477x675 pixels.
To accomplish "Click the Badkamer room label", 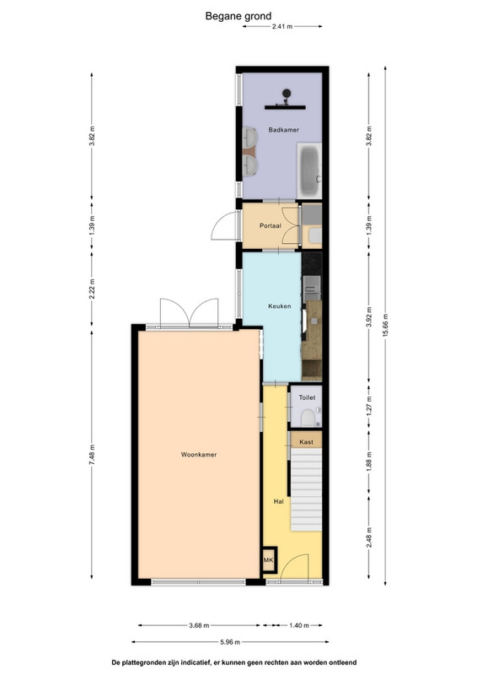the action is tap(283, 130).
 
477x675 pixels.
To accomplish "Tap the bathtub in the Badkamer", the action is tap(308, 171).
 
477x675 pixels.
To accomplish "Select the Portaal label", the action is tap(271, 225).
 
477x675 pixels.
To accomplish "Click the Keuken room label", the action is tap(280, 306).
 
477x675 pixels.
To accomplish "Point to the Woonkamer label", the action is tap(199, 454).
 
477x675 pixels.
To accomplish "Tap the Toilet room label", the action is tap(307, 397).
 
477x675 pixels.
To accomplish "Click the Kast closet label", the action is tap(306, 441).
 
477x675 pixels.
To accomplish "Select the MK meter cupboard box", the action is tap(268, 559).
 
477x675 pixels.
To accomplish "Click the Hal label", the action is tap(279, 501).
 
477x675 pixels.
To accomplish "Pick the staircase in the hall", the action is tap(306, 489).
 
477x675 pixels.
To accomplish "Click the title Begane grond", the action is tap(238, 16).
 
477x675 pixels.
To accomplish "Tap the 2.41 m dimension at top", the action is tap(282, 26).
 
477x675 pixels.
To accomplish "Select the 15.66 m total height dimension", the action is tap(385, 327).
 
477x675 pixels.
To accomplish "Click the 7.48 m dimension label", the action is tap(92, 455).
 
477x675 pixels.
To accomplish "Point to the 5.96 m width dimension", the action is tap(230, 642).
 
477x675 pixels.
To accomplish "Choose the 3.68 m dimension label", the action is tap(199, 625).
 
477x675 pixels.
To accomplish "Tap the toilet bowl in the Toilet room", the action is tap(308, 418).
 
